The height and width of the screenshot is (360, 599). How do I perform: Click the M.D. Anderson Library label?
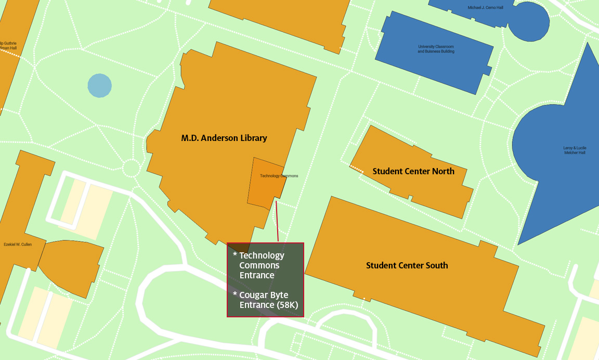224,138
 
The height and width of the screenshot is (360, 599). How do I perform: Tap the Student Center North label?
413,171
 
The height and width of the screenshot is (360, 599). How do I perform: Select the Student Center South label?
407,265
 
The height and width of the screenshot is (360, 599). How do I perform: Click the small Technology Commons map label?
279,176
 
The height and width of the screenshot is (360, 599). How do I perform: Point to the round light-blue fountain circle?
99,85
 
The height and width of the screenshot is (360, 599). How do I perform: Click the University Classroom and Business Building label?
436,49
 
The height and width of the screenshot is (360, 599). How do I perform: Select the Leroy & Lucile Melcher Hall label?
574,150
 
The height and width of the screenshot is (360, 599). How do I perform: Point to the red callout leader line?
277,221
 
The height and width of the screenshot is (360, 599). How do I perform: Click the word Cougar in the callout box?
256,295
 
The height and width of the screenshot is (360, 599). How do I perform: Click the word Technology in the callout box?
262,255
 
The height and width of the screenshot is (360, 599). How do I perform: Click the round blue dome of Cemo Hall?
529,23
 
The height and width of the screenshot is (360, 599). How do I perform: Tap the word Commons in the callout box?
259,265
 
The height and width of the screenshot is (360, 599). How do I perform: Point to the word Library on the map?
252,138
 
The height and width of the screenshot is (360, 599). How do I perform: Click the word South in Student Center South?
437,265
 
